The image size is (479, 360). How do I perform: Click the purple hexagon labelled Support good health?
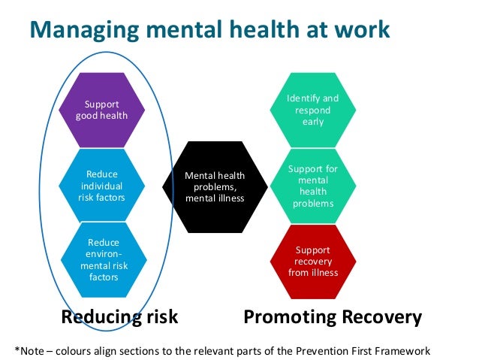[x=101, y=110]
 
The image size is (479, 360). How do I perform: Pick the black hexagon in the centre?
[x=215, y=186]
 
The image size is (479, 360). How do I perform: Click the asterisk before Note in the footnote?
[x=17, y=349]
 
